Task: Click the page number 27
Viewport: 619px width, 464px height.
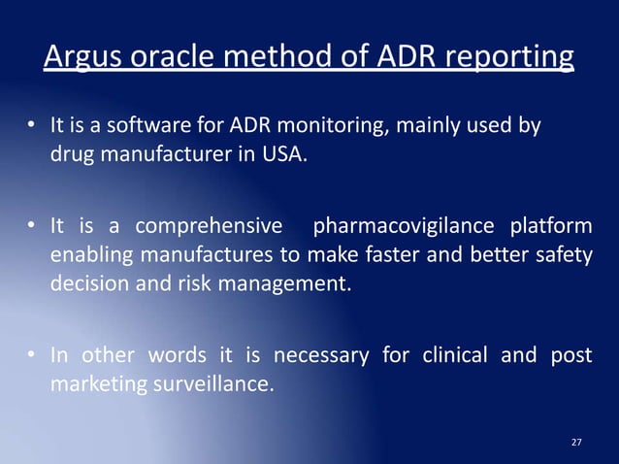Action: click(576, 443)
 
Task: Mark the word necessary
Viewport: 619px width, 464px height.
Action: click(320, 354)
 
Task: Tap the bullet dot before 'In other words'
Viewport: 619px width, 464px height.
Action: click(31, 355)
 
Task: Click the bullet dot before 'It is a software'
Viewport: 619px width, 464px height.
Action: click(31, 127)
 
